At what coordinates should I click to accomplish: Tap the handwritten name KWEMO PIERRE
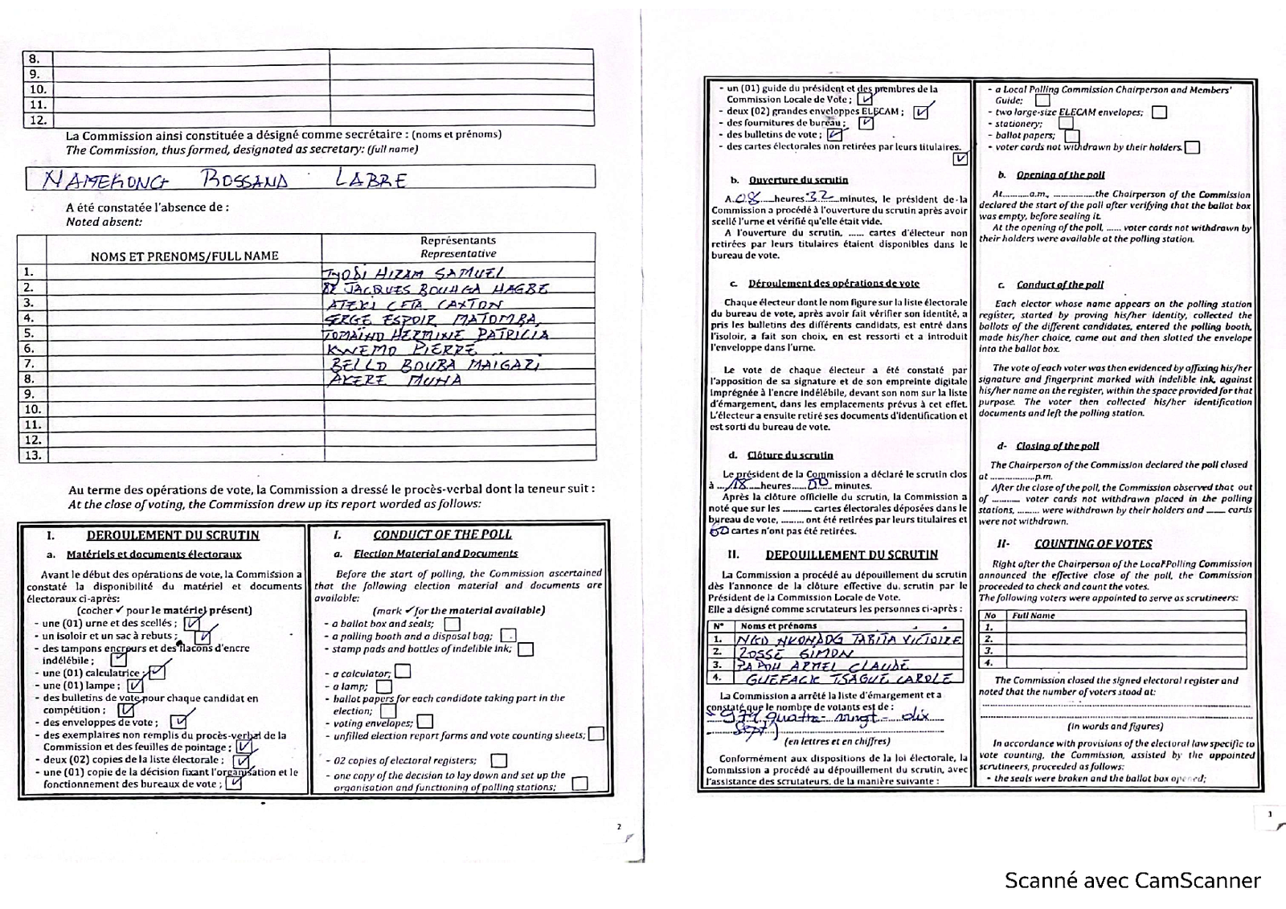pyautogui.click(x=401, y=350)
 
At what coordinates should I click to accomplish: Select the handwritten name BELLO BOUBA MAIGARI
pyautogui.click(x=435, y=364)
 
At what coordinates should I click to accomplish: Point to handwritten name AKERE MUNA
pyautogui.click(x=394, y=379)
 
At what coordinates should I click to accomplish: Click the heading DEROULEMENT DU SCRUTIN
pyautogui.click(x=173, y=535)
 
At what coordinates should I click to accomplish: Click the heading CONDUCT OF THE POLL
pyautogui.click(x=442, y=534)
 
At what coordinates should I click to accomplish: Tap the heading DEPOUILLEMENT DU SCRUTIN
pyautogui.click(x=851, y=555)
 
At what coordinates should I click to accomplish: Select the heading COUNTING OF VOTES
pyautogui.click(x=1093, y=544)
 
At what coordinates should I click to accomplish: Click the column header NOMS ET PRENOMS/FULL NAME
pyautogui.click(x=184, y=256)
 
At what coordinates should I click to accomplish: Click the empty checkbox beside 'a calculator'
pyautogui.click(x=403, y=671)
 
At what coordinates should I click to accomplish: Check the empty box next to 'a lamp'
pyautogui.click(x=384, y=686)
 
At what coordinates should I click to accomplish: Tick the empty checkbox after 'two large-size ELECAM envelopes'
pyautogui.click(x=1159, y=113)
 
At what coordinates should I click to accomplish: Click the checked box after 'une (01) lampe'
pyautogui.click(x=136, y=686)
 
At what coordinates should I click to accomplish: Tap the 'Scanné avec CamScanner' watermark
pyautogui.click(x=1132, y=881)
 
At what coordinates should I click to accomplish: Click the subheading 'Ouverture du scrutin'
pyautogui.click(x=798, y=180)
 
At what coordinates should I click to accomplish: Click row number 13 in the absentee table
pyautogui.click(x=32, y=455)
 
